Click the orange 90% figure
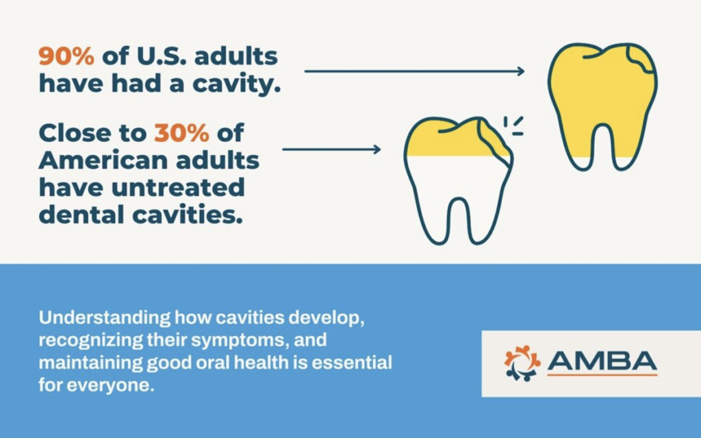pyautogui.click(x=66, y=56)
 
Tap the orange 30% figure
pyautogui.click(x=181, y=132)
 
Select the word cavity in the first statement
pyautogui.click(x=234, y=84)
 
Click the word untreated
pyautogui.click(x=178, y=187)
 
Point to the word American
pyautogui.click(x=104, y=160)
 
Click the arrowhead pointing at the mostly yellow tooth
pyautogui.click(x=521, y=71)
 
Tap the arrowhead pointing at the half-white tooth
pyautogui.click(x=377, y=149)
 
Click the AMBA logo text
pyautogui.click(x=602, y=361)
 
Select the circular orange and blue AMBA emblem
pyautogui.click(x=522, y=363)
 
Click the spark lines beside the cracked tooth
pyautogui.click(x=513, y=125)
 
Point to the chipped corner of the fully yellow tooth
pyautogui.click(x=641, y=58)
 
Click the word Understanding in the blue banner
pyautogui.click(x=105, y=318)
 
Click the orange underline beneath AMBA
pyautogui.click(x=602, y=374)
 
